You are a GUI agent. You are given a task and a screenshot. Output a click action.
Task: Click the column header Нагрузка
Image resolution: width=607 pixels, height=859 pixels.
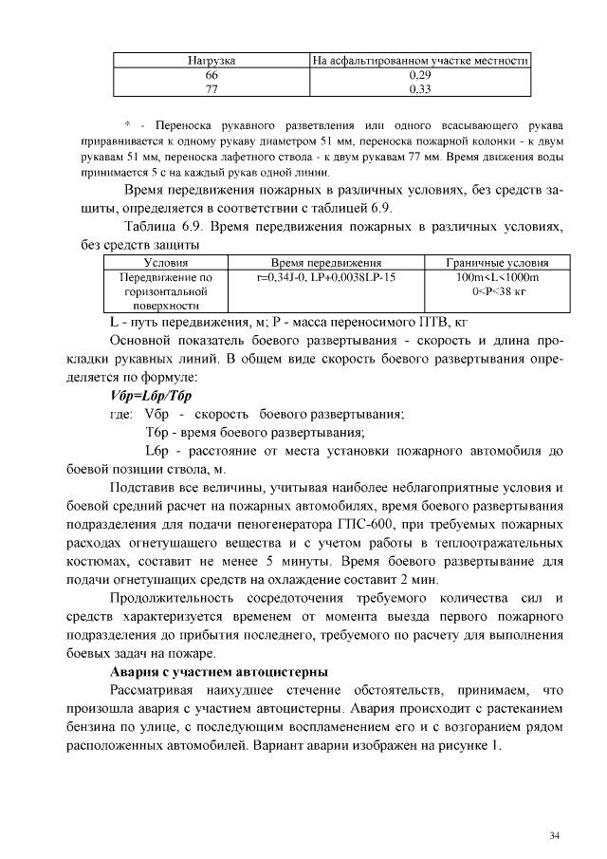tap(212, 62)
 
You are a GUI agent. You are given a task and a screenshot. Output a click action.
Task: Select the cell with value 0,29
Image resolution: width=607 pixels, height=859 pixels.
tap(420, 74)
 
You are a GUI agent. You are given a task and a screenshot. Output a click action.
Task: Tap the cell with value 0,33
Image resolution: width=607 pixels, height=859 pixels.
tap(420, 88)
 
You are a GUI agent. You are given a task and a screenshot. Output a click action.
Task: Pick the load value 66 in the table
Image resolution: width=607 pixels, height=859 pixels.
tap(212, 74)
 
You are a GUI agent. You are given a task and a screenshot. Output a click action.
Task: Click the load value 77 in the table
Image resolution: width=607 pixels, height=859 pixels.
tap(212, 88)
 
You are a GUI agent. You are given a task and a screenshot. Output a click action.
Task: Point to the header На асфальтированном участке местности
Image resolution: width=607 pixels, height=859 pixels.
tap(420, 62)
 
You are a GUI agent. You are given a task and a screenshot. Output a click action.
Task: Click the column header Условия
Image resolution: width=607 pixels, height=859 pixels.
tap(165, 262)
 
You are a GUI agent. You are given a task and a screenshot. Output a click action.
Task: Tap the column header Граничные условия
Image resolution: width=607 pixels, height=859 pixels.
tap(496, 262)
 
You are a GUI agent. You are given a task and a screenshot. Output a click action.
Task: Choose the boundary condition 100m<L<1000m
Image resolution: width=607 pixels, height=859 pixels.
tap(496, 276)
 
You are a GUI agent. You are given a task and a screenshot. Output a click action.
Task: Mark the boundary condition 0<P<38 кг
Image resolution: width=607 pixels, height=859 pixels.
tap(496, 290)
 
